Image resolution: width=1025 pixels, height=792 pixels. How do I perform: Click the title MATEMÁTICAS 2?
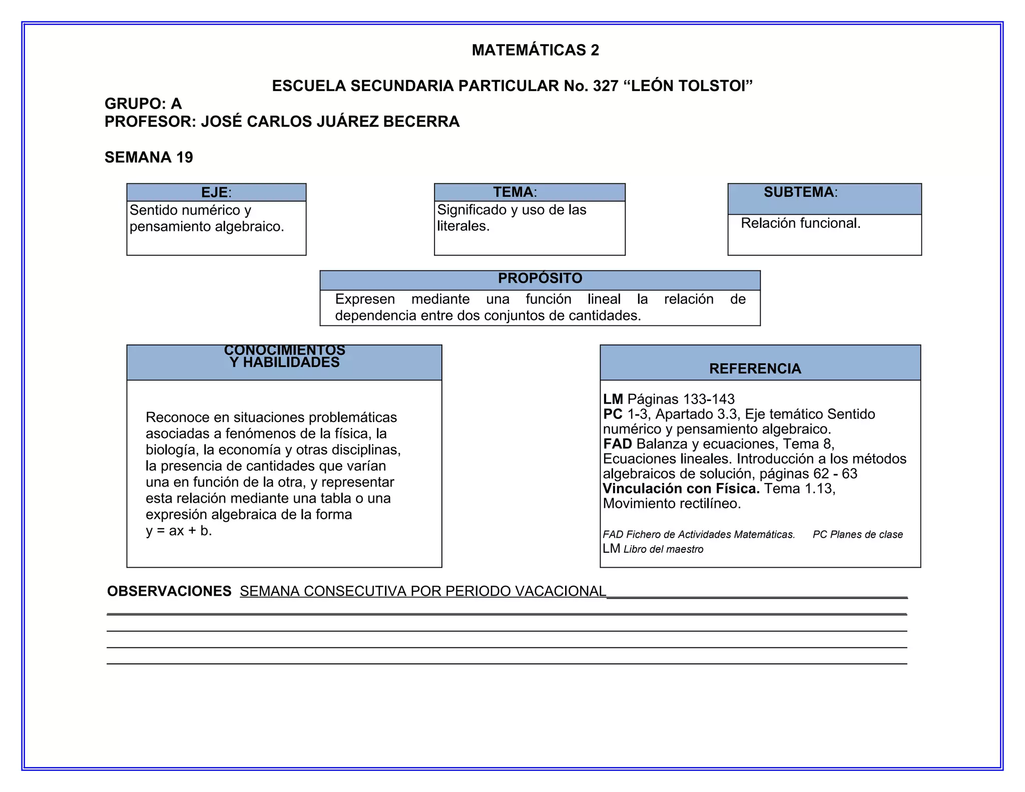coord(535,50)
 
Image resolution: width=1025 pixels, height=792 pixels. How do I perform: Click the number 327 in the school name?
coord(606,86)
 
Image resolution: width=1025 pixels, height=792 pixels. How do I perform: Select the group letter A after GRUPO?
coord(176,104)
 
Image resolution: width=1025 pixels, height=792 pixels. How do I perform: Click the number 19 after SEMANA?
coord(184,157)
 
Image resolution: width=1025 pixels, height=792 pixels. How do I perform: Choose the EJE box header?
coord(216,192)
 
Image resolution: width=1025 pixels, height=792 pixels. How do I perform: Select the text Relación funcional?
coord(800,223)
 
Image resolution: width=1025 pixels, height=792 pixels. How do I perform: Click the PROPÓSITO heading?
coord(540,278)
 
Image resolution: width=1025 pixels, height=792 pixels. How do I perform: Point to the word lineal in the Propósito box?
coord(604,299)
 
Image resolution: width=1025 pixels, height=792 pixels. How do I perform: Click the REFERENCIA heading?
coord(755,369)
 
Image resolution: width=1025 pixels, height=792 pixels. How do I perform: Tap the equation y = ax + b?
coord(179,531)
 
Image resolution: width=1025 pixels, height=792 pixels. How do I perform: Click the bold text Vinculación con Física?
coord(681,489)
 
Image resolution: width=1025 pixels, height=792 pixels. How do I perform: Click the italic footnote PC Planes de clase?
coord(857,535)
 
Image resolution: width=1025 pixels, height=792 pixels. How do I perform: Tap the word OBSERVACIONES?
coord(169,591)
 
